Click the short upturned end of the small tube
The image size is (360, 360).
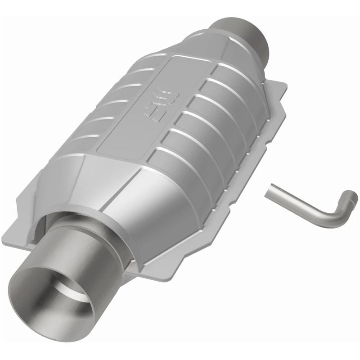[x=351, y=198]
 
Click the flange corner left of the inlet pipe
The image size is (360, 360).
[x=18, y=234]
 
